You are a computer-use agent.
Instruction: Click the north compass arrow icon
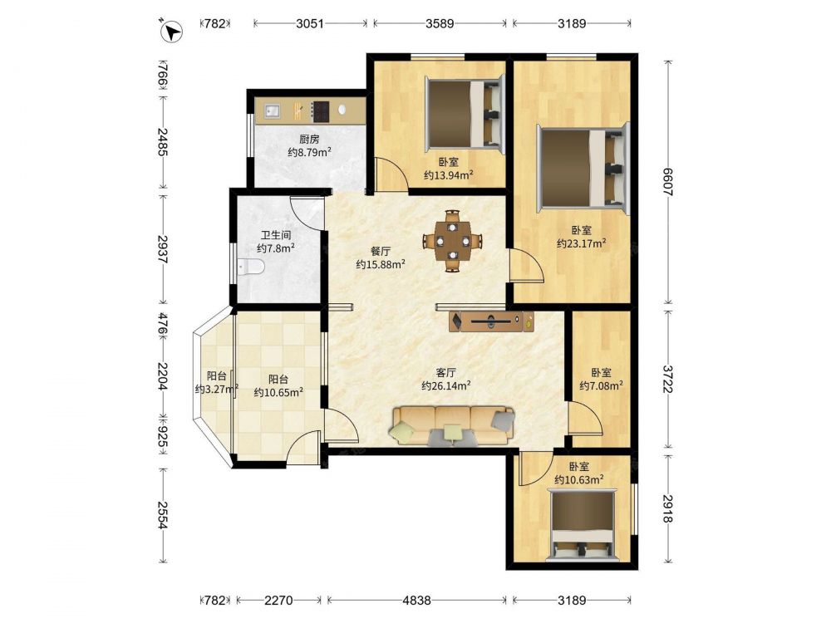click(x=171, y=30)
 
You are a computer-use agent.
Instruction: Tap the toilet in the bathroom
click(x=251, y=267)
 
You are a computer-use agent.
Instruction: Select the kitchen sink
click(x=273, y=111)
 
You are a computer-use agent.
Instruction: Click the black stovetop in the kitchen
click(x=320, y=112)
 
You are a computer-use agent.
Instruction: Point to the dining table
click(x=452, y=241)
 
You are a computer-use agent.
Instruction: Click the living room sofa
click(x=453, y=426)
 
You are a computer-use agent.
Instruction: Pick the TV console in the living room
click(x=491, y=321)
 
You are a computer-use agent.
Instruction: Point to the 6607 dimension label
click(x=668, y=182)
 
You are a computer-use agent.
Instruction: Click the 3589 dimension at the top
click(x=440, y=23)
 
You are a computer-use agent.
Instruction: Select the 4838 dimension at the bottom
click(x=416, y=601)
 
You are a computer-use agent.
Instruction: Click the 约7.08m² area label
click(x=601, y=385)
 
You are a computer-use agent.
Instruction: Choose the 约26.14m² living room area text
click(x=445, y=385)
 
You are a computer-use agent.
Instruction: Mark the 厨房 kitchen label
click(x=309, y=140)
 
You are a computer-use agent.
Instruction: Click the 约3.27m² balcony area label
click(x=217, y=390)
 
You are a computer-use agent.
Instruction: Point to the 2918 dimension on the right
click(x=668, y=508)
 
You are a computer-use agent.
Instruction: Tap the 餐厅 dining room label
click(x=381, y=251)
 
